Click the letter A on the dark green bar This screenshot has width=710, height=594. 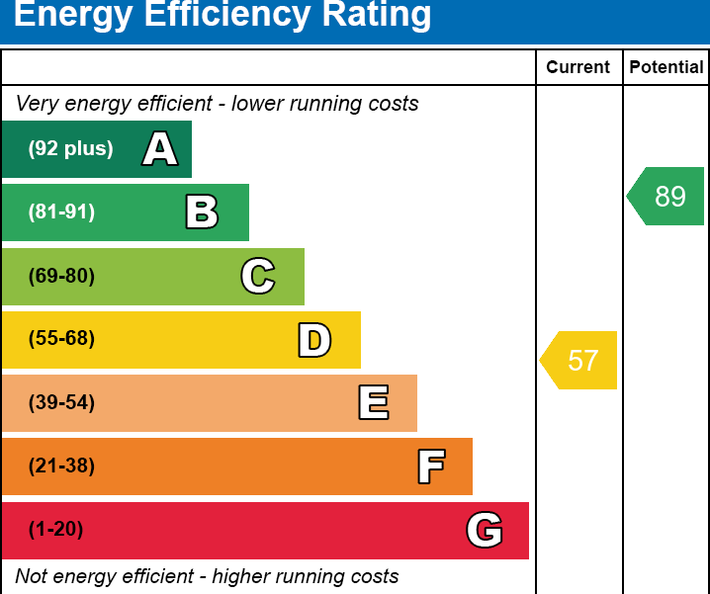pos(160,149)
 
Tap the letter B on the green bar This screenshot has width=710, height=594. pos(202,212)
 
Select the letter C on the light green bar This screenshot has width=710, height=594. pos(258,276)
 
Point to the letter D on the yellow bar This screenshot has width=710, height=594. pos(314,340)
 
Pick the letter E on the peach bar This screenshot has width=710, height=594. pos(373,403)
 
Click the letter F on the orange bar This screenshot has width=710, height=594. pos(430,467)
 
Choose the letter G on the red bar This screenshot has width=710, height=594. pos(485,531)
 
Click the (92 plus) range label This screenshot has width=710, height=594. pos(70,149)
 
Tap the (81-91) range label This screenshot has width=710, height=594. pos(61,212)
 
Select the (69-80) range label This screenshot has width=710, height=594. pos(61,276)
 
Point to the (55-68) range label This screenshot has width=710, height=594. pos(61,339)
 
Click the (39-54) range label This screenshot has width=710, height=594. pos(61,403)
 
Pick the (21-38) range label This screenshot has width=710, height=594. pos(61,467)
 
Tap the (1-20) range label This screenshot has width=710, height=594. pos(55,530)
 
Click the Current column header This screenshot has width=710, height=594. pos(578,67)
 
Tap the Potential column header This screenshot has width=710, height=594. pos(666,67)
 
